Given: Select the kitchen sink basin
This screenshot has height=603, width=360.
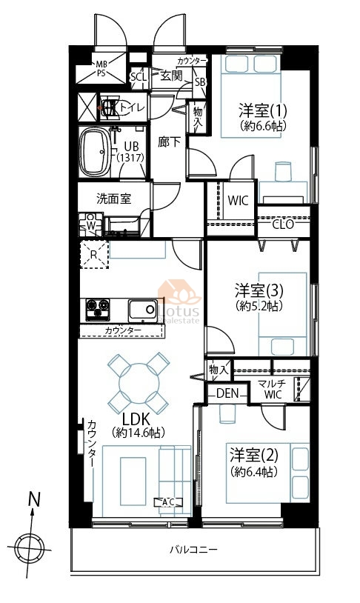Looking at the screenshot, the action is point(143,309).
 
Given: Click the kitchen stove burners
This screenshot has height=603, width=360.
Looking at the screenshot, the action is point(97,309).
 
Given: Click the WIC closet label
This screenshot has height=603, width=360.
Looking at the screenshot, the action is point(238,200).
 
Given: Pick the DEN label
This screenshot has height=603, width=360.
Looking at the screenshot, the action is point(227,393).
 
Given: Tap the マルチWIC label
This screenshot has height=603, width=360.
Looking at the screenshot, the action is point(273,389).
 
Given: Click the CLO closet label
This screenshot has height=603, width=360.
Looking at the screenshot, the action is point(283,224).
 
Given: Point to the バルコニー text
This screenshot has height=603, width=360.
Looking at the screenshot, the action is point(194,549).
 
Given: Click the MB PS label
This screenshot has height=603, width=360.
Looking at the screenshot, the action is point(101,68).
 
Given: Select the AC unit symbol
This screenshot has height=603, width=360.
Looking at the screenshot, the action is point(168,502).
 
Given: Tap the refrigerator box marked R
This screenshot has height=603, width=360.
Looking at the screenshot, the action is point(94,254).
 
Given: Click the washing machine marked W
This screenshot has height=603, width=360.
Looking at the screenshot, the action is point(91,224).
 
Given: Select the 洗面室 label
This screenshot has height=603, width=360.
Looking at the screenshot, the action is point(113,199).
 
